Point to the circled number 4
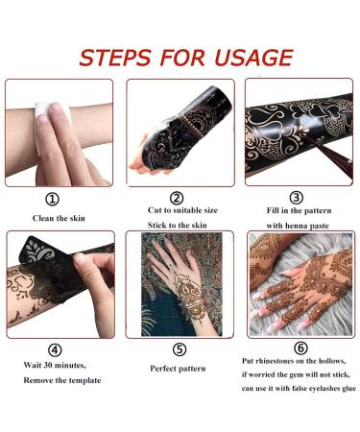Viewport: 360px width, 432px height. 60,350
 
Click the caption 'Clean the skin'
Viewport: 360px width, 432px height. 60,218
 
